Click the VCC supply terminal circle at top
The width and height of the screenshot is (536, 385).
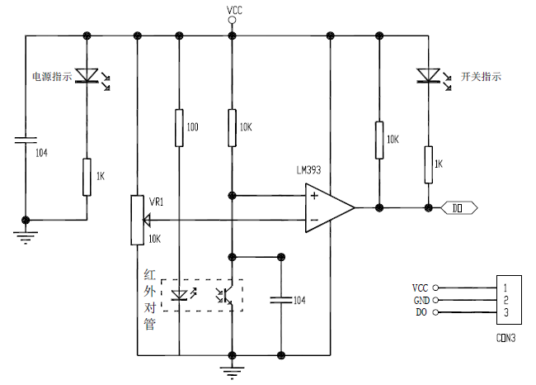(x=232, y=20)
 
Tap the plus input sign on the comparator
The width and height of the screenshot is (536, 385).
(x=314, y=196)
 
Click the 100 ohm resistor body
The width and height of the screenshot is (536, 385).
(x=179, y=128)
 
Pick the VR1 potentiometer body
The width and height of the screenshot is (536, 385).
(x=138, y=221)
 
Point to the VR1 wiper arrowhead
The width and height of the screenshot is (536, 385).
(x=147, y=221)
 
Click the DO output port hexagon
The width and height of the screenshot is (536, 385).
(x=458, y=208)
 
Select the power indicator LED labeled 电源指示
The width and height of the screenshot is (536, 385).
(x=87, y=75)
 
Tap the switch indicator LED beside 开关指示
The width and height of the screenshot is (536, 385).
(x=428, y=75)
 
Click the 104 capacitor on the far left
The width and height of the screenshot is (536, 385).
(x=26, y=140)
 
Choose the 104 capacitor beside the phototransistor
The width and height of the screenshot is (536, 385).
(x=281, y=301)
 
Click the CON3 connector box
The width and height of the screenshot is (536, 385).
(x=509, y=300)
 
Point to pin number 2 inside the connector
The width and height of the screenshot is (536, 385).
(x=506, y=300)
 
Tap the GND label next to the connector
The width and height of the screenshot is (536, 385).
(x=421, y=301)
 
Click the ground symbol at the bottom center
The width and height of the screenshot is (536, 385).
(x=232, y=373)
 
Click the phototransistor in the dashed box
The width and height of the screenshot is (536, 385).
(x=226, y=295)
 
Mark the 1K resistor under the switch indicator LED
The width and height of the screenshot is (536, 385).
(x=428, y=164)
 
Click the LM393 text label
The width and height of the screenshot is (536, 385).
(x=308, y=170)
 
